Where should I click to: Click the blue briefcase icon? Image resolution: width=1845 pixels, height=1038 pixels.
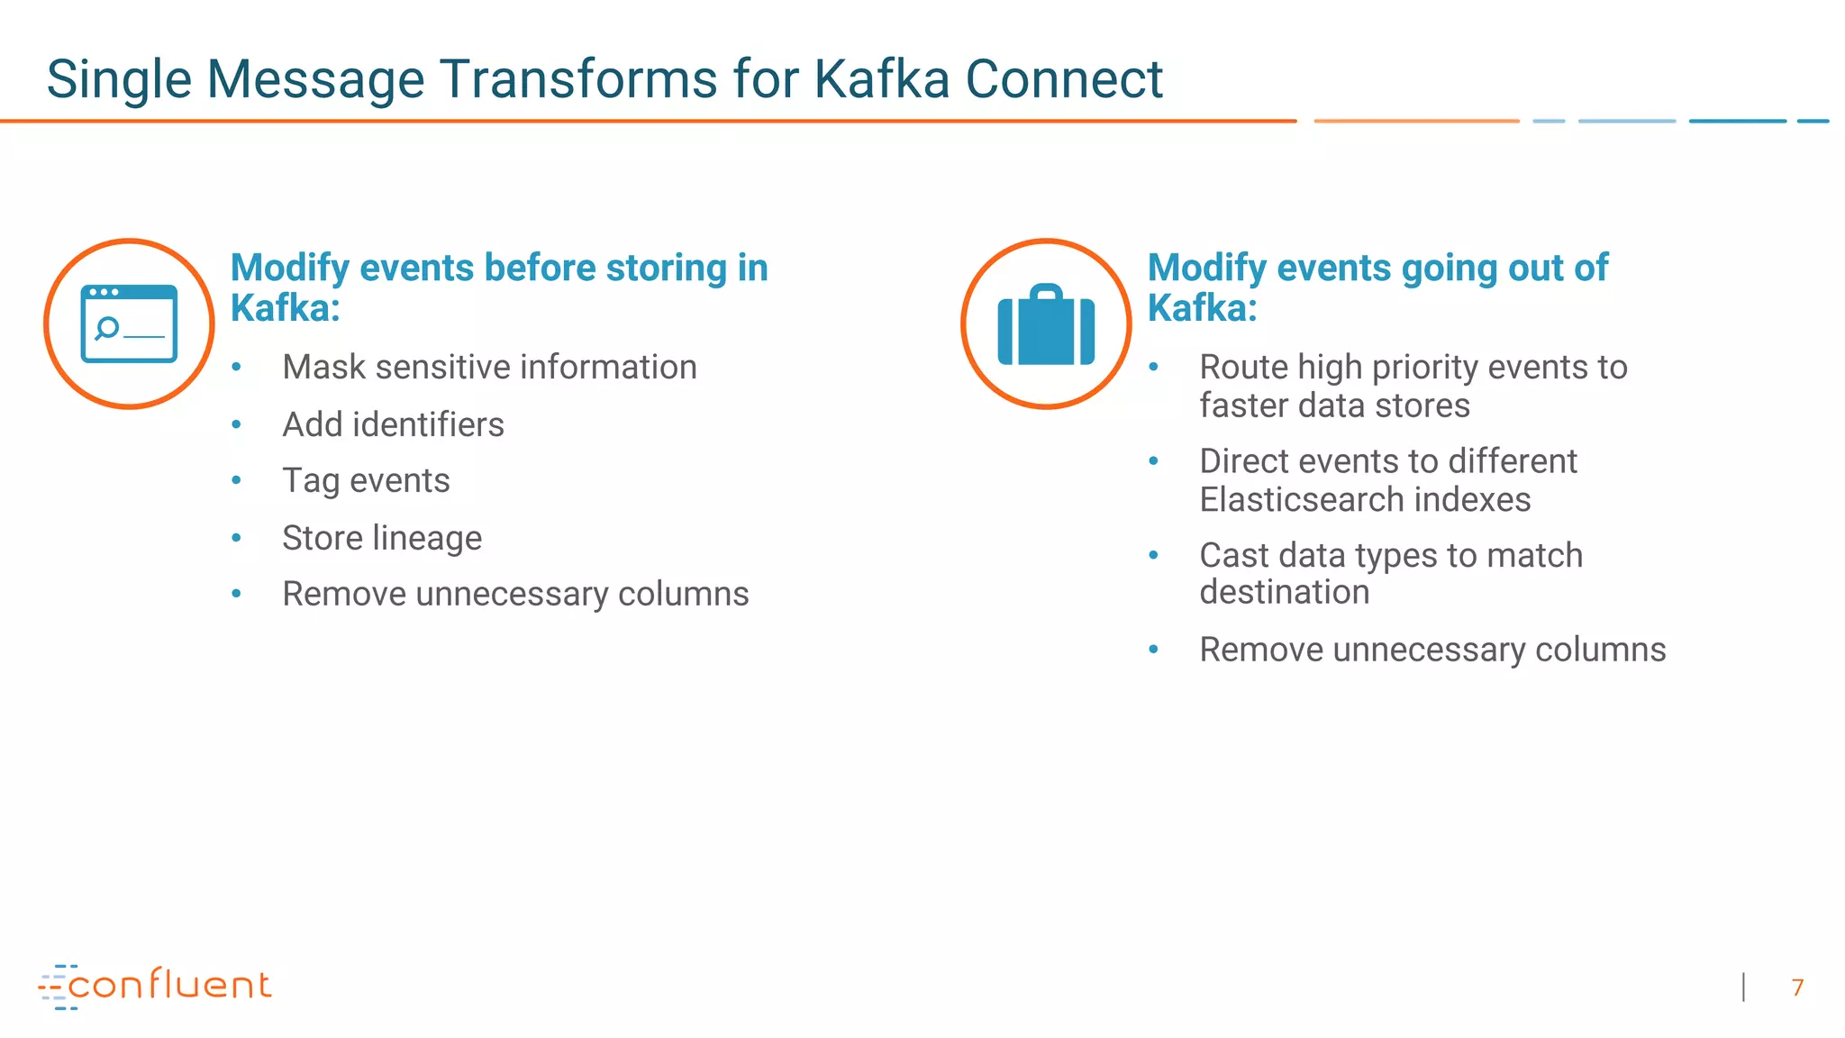pos(1046,325)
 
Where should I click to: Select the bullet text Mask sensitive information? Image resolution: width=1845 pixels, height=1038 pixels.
pos(489,368)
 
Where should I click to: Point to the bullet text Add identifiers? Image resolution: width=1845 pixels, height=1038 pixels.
pos(393,424)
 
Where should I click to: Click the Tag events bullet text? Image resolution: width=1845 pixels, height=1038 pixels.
pos(366,481)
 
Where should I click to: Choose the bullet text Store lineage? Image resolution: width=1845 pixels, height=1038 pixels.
pos(382,538)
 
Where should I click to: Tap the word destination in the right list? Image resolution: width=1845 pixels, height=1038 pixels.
pos(1284,593)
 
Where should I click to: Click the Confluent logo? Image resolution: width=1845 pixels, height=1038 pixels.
pos(155,986)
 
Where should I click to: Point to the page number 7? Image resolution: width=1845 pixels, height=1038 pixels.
pos(1797,988)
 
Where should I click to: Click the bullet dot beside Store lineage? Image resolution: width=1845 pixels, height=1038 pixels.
pos(236,538)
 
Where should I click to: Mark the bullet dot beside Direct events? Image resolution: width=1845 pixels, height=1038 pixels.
pos(1153,461)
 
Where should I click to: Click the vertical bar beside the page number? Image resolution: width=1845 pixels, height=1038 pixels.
pos(1744,988)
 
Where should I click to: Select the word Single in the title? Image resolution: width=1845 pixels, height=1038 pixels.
pos(119,79)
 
